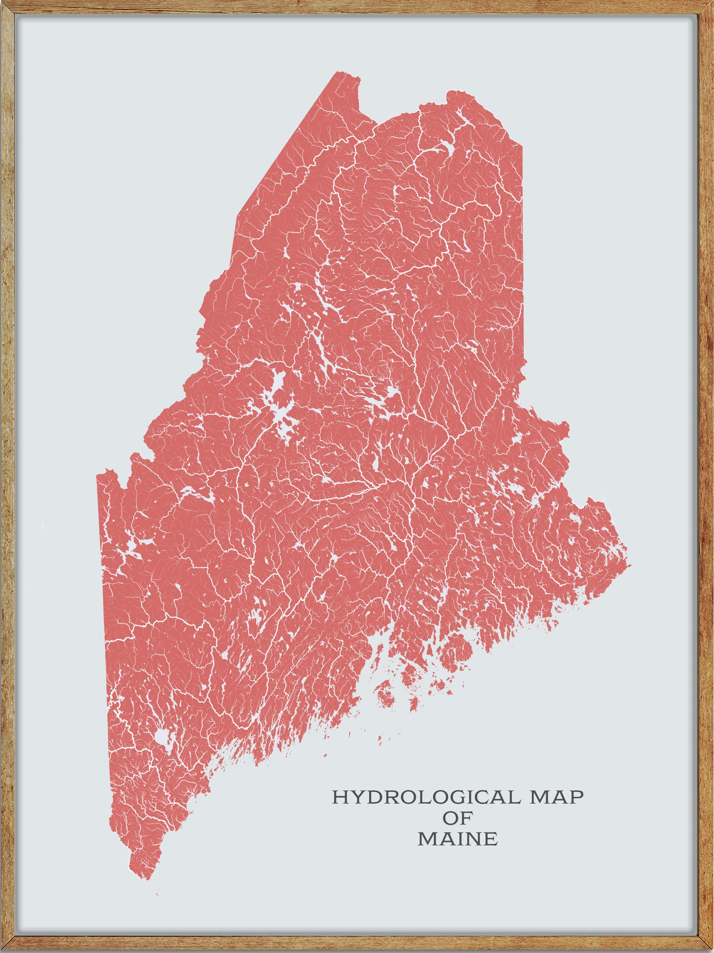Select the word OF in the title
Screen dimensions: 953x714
457,818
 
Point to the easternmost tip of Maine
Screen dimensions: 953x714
629,565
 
